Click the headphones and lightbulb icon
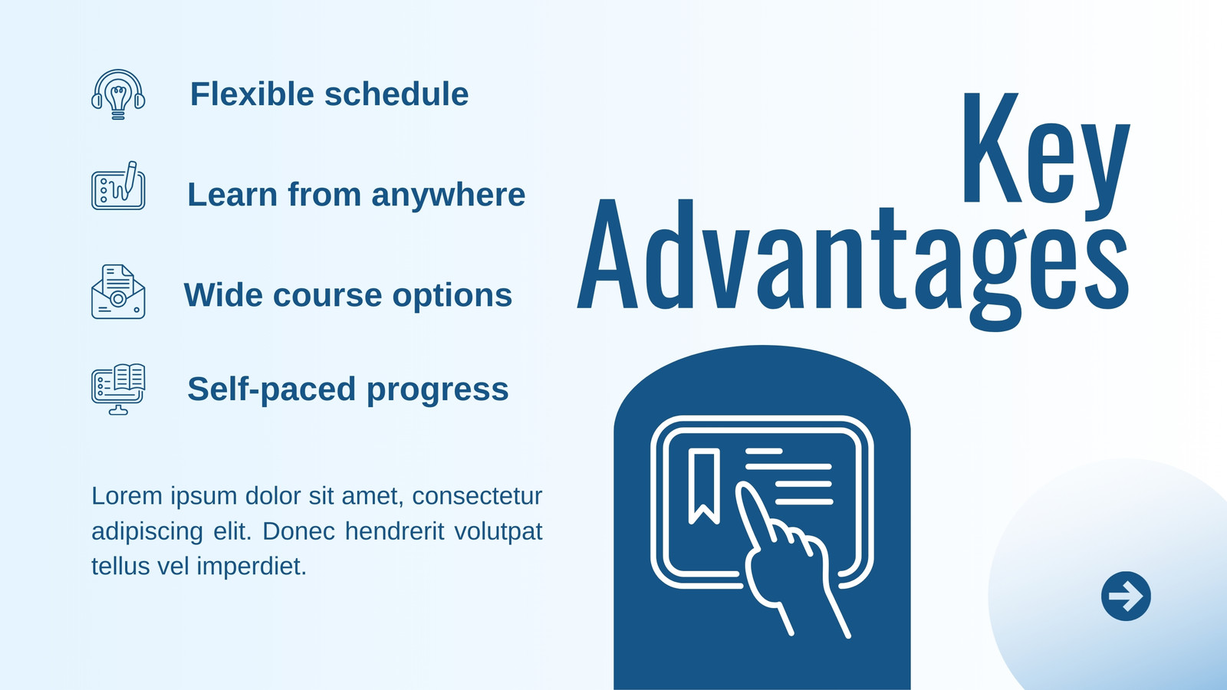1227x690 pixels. [118, 95]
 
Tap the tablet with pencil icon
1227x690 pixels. [118, 186]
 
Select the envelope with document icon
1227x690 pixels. [118, 292]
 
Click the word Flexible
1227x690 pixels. [252, 94]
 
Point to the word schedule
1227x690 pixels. [396, 94]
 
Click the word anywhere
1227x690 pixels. [448, 195]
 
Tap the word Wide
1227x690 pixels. [223, 295]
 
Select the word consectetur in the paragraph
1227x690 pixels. [477, 496]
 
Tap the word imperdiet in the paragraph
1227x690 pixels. [252, 567]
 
